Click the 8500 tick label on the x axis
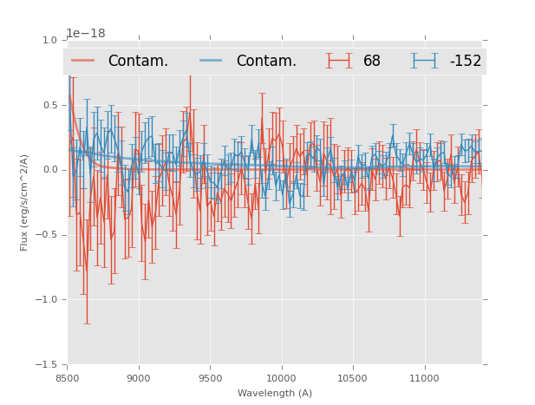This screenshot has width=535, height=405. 67,378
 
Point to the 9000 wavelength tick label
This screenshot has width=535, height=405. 139,378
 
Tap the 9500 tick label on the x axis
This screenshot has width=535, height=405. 210,378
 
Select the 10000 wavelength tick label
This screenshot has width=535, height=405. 281,378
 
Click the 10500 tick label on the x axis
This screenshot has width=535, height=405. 353,378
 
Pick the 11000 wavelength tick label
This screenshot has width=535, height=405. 424,378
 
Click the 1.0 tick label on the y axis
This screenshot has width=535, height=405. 49,40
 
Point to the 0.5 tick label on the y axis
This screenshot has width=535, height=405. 49,105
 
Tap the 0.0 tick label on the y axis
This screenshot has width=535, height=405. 49,170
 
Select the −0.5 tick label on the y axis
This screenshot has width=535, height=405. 46,235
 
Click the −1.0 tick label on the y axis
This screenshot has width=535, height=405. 46,300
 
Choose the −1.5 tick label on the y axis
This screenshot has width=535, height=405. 46,365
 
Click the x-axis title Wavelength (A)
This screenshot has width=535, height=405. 274,393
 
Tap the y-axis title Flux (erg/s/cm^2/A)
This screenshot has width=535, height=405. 24,203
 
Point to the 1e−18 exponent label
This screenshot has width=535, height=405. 86,34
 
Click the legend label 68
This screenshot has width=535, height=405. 372,61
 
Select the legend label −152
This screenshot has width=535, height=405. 465,61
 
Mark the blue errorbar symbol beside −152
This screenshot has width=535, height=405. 425,61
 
